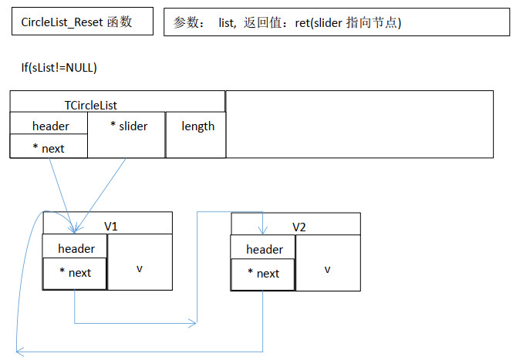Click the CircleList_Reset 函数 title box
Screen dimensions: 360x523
[76, 22]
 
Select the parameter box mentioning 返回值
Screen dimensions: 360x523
[336, 22]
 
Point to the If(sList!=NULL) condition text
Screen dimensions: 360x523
[59, 68]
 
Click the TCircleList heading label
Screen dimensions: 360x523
[91, 105]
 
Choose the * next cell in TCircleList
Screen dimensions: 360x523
[49, 147]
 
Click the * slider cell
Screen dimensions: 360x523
[128, 126]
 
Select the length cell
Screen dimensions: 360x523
[197, 126]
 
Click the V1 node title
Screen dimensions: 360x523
[111, 227]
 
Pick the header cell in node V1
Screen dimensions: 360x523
[76, 248]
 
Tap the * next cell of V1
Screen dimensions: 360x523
[75, 272]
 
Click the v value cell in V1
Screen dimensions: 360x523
[140, 267]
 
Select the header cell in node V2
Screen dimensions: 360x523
[264, 249]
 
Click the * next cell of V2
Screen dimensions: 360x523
[263, 274]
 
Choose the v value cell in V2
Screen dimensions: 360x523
[327, 268]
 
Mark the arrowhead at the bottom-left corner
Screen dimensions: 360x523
[21, 351]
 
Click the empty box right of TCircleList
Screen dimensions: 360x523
[359, 124]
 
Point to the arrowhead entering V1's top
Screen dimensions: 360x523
[74, 228]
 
